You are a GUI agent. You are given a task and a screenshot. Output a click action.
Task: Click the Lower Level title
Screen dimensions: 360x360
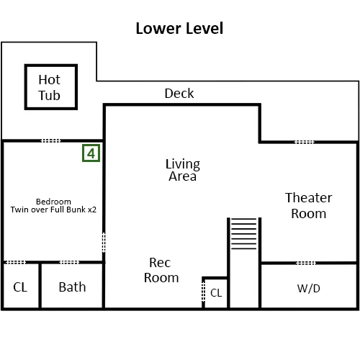pos(179,28)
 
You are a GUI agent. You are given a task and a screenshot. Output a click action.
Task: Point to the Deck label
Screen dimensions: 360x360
pos(179,93)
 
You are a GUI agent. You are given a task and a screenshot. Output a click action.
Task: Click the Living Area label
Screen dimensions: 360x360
pos(183,170)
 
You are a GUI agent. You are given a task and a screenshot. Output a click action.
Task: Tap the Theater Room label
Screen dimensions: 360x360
pos(309,205)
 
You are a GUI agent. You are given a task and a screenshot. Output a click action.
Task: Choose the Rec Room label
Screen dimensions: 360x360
pos(161,270)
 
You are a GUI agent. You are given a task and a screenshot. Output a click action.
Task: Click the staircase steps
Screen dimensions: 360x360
pos(244,233)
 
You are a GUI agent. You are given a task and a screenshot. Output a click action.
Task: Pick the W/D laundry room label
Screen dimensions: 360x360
pos(309,289)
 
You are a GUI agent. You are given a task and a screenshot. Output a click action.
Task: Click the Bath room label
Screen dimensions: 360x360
pos(72,287)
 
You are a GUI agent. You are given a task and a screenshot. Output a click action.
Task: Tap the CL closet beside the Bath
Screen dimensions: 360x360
pos(20,287)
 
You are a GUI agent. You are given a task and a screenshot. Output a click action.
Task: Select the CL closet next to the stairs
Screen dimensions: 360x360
pos(216,293)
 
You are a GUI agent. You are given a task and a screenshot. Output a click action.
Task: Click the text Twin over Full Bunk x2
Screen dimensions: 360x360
pos(53,210)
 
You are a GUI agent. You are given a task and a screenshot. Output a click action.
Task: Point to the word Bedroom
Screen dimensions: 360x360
pos(53,202)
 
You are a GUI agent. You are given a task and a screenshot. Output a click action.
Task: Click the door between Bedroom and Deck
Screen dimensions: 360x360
pos(50,140)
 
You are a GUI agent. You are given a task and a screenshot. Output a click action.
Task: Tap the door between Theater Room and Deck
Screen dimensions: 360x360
pos(304,142)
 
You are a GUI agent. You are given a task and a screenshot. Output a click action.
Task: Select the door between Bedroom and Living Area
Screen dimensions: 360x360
pos(104,242)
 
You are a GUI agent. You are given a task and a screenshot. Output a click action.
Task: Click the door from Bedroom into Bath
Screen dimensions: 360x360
pos(69,262)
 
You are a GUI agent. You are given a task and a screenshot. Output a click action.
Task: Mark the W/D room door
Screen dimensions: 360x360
pos(306,263)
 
